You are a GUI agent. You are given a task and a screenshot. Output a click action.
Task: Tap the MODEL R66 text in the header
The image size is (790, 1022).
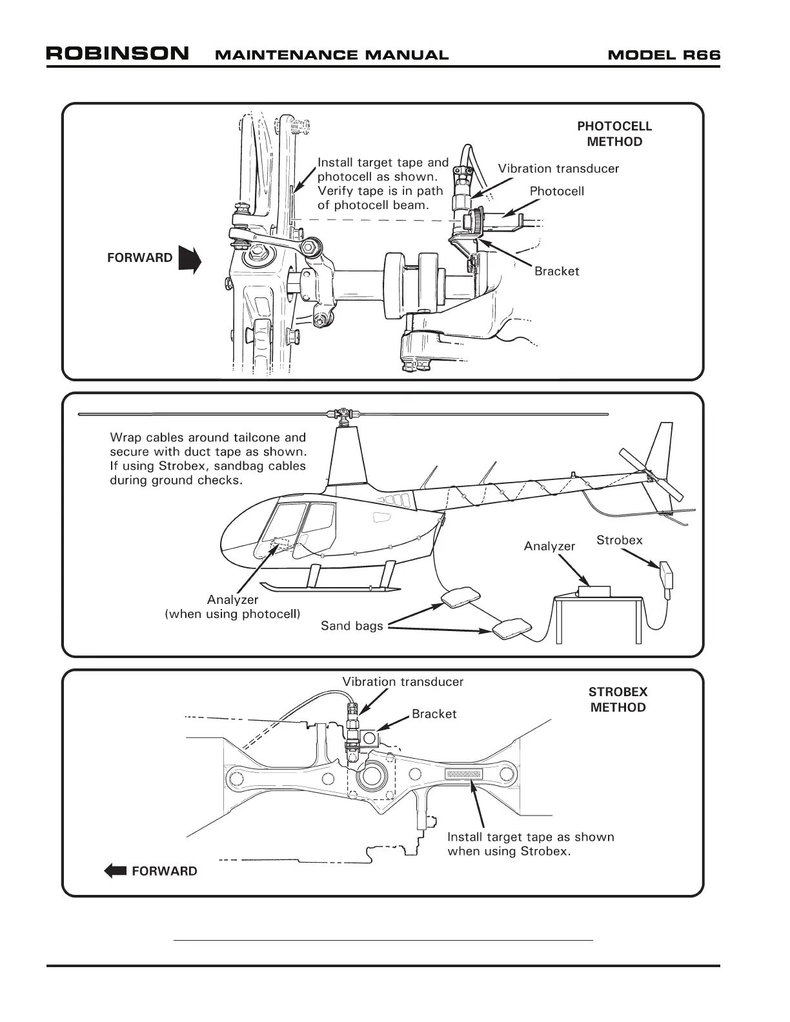663,55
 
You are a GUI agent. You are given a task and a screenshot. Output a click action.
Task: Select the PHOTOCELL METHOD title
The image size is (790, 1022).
614,134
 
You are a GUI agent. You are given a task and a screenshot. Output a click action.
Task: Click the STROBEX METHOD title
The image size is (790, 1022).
618,699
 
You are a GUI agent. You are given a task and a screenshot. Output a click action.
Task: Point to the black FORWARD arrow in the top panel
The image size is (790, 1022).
190,260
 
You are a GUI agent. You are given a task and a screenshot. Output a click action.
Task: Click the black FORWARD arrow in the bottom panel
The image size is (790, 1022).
116,871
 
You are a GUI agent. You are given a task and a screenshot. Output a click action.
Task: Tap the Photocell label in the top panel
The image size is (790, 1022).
556,191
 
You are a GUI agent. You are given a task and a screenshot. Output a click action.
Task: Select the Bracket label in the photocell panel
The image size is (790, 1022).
556,271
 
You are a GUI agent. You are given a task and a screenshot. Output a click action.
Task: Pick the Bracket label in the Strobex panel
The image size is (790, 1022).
434,714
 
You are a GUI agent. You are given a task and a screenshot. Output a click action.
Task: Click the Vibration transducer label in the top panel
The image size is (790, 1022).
558,168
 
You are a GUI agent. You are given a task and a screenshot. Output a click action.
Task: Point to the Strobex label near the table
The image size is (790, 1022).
619,540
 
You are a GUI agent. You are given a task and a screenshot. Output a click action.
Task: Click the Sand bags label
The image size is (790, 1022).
352,625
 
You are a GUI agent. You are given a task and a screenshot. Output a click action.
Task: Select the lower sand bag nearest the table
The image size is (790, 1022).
512,628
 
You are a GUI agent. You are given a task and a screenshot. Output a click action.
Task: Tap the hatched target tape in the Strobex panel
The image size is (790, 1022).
463,774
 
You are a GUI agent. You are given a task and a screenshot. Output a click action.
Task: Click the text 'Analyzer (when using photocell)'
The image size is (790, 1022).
232,606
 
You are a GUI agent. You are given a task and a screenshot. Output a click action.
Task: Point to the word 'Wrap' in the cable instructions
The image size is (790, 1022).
125,438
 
